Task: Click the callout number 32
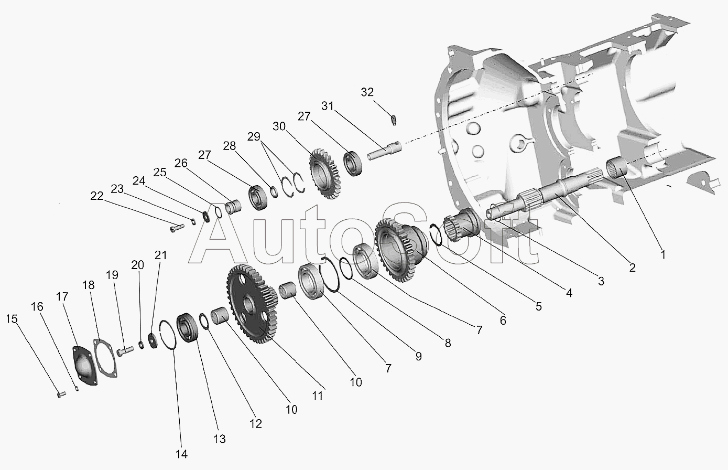pos(367,92)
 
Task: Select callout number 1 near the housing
pos(662,255)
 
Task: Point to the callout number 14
pos(181,454)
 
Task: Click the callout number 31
pos(328,106)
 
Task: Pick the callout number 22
pos(96,196)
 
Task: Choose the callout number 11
pos(318,396)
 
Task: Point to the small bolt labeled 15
pos(61,393)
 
